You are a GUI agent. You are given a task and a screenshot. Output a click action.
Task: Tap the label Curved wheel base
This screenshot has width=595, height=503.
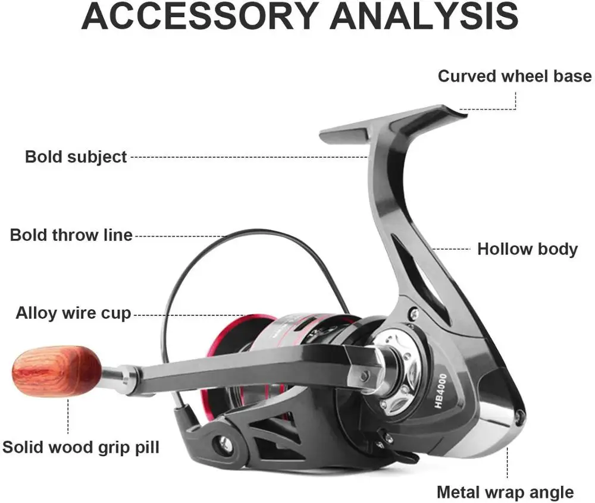[515, 76]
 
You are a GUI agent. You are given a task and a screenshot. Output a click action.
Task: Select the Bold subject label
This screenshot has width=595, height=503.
[76, 157]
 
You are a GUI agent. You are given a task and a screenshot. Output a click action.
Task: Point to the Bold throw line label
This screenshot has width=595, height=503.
[71, 235]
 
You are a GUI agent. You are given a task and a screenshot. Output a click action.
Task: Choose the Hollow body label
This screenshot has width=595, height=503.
[527, 249]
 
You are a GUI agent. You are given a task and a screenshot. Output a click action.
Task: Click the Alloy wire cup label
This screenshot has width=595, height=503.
[73, 313]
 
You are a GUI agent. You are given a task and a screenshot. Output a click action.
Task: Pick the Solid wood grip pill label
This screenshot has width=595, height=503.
[81, 447]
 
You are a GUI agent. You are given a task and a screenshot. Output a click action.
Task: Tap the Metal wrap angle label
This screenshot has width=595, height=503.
[505, 492]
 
